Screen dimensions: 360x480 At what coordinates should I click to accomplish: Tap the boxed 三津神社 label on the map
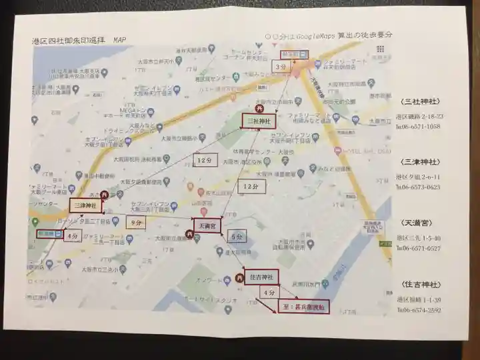point(83,206)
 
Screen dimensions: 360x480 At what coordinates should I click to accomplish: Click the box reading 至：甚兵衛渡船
point(303,307)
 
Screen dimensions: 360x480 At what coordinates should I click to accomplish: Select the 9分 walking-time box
point(136,223)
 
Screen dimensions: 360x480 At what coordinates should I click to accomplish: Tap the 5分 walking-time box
point(236,237)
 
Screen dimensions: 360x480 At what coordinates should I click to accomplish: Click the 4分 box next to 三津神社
point(73,236)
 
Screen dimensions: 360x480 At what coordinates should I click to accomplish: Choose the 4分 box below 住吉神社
point(269,293)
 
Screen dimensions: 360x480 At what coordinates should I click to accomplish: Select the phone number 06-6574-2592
point(421,310)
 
